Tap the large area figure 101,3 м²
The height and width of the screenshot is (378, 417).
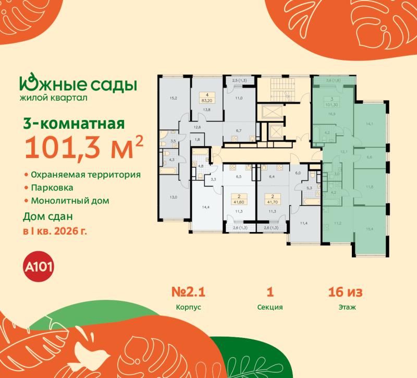[x=83, y=149]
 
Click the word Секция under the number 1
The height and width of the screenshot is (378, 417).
[x=269, y=308]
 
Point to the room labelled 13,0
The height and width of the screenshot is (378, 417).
[x=173, y=197]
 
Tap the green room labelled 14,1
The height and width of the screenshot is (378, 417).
[x=371, y=124]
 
